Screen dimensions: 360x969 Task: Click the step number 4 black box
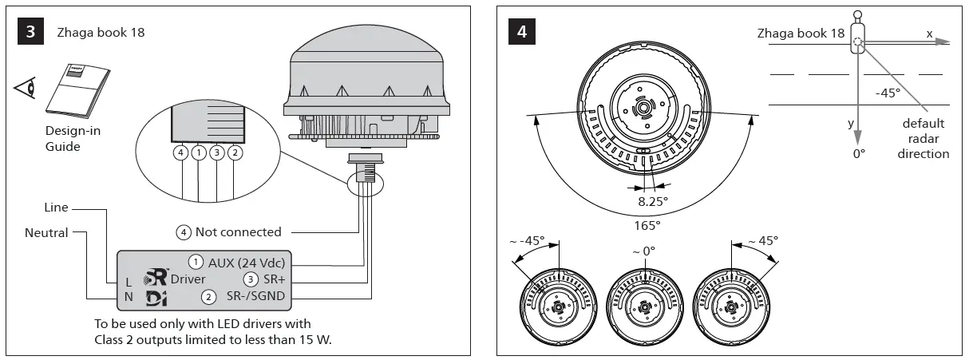[523, 32]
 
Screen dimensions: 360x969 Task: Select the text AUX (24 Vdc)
[247, 263]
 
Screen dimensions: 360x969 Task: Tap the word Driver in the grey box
[188, 279]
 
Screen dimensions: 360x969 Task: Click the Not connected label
[238, 232]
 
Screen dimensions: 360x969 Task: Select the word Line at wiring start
[55, 208]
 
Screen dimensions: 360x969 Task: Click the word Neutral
[45, 233]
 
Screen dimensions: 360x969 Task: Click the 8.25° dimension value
[652, 203]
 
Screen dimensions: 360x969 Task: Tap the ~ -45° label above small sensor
[527, 239]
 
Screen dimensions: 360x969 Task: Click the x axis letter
[929, 34]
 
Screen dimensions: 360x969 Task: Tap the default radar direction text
[924, 138]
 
